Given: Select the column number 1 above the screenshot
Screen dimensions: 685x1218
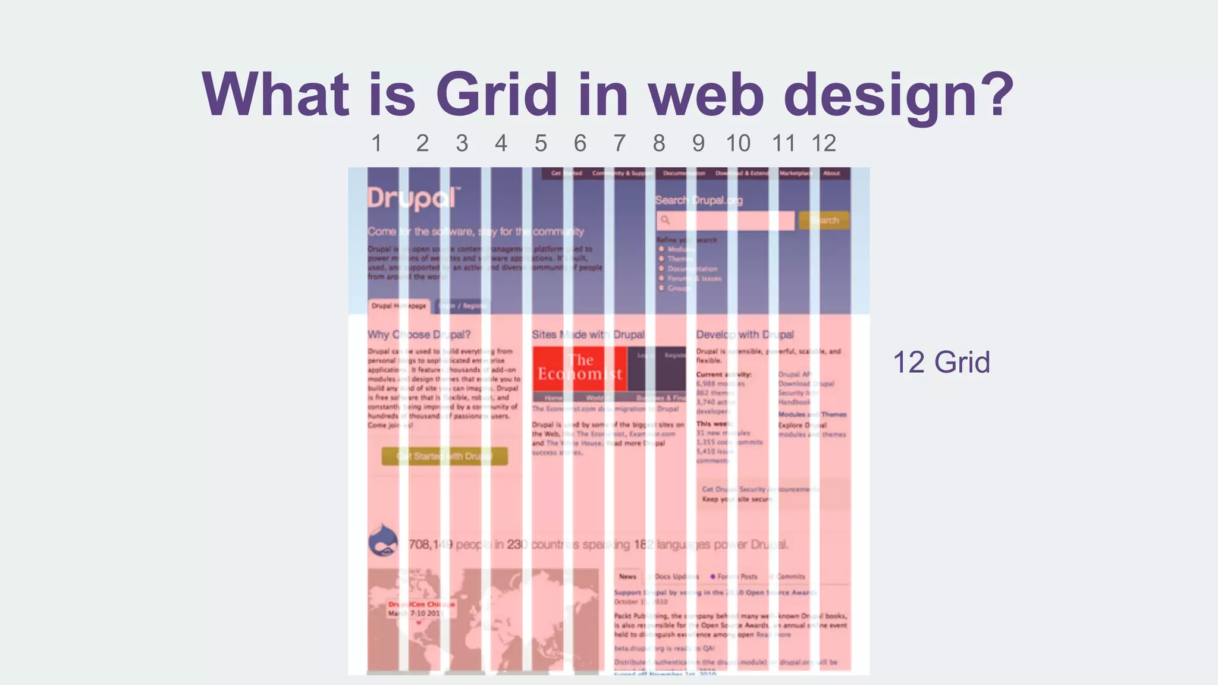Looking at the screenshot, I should click(x=376, y=143).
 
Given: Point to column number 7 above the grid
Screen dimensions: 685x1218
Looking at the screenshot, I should click(x=620, y=143).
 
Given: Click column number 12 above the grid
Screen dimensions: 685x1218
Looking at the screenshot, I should click(x=824, y=143).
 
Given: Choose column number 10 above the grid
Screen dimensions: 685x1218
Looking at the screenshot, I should click(x=738, y=143).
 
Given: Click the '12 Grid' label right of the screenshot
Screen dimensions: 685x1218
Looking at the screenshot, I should click(x=941, y=362).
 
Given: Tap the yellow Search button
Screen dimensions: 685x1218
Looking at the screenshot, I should click(x=824, y=220).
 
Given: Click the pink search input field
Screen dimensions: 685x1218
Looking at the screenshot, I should click(x=726, y=221).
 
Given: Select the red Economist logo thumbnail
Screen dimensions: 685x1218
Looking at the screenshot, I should click(x=580, y=368).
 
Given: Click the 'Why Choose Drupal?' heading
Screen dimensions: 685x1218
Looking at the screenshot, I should click(x=419, y=335).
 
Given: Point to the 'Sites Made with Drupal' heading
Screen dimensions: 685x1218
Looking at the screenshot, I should click(x=588, y=335).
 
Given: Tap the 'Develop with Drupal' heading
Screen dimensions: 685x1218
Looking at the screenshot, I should click(x=745, y=335).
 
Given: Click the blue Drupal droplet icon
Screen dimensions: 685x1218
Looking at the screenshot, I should click(x=384, y=541).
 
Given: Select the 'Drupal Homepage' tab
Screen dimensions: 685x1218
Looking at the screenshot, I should click(x=398, y=306).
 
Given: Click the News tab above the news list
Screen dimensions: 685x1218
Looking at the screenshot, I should click(x=627, y=576).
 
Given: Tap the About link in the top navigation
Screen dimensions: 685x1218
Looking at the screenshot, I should click(x=831, y=174).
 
